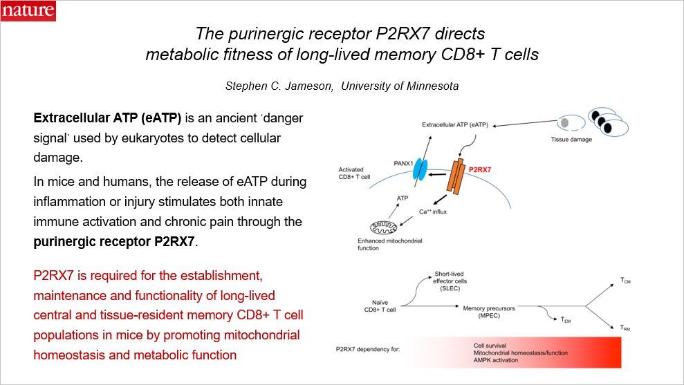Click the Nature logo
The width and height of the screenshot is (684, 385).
(x=28, y=10)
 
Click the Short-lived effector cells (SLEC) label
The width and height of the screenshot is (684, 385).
(x=452, y=279)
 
